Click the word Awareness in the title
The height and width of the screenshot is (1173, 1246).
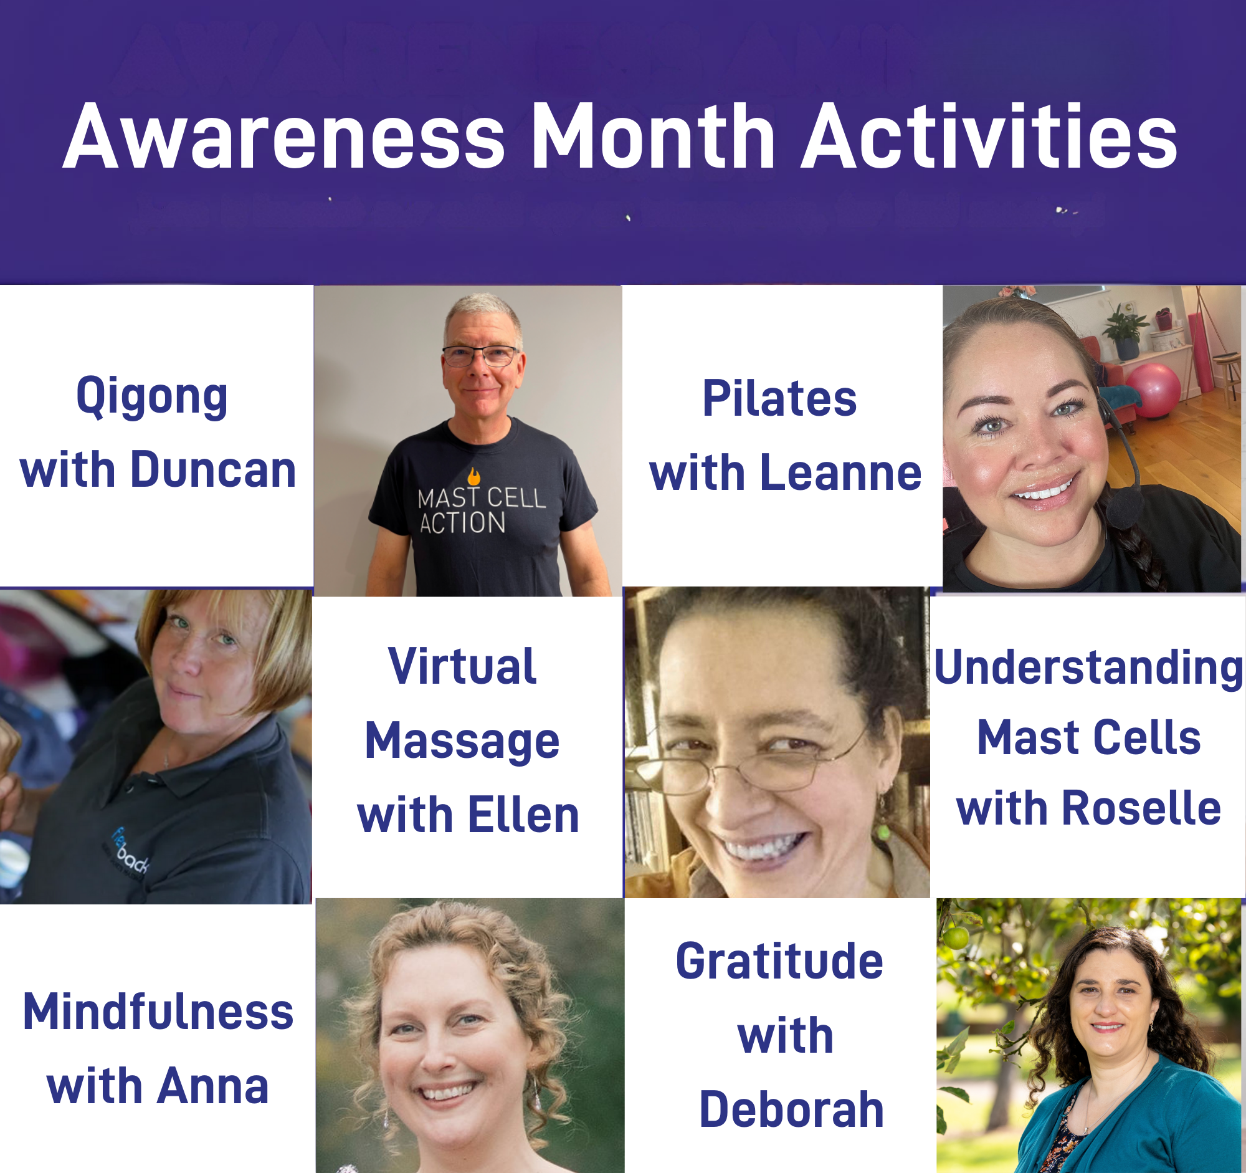click(284, 136)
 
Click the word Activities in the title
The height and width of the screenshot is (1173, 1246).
click(990, 136)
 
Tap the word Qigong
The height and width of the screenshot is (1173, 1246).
click(151, 398)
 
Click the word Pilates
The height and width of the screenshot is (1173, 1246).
click(779, 398)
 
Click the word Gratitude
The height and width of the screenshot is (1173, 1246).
click(779, 961)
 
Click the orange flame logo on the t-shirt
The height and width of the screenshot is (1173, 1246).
click(474, 476)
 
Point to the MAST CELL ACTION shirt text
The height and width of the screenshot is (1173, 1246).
click(481, 510)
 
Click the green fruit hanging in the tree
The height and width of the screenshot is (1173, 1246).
click(956, 937)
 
